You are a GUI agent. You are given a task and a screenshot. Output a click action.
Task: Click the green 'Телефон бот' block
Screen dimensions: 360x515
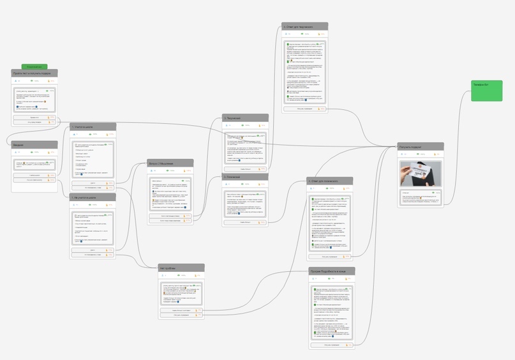click(487, 90)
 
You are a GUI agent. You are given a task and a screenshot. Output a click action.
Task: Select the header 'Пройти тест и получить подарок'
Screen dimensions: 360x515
click(34, 73)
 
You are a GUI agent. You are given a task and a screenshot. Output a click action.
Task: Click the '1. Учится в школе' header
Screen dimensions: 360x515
click(93, 127)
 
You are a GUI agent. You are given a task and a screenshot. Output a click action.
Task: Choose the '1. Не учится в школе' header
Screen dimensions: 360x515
click(93, 198)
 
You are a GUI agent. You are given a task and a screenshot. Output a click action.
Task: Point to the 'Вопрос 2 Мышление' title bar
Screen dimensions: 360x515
click(170, 163)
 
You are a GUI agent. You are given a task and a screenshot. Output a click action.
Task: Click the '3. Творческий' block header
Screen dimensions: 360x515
click(245, 118)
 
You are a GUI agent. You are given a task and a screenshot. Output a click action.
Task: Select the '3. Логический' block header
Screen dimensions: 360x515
click(245, 176)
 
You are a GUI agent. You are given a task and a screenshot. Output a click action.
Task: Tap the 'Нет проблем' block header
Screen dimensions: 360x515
click(181, 268)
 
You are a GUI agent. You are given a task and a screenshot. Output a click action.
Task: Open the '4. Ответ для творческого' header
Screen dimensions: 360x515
click(305, 27)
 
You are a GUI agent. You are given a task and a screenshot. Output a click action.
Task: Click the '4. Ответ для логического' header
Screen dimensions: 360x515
click(330, 181)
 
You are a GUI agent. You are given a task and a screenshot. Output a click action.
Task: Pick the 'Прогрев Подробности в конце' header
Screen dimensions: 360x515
click(332, 271)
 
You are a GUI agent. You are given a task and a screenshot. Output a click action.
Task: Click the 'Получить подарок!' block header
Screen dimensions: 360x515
click(421, 147)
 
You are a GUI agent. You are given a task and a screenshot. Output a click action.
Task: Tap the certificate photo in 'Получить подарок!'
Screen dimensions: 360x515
click(421, 173)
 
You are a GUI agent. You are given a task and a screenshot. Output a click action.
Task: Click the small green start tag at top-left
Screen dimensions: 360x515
click(34, 66)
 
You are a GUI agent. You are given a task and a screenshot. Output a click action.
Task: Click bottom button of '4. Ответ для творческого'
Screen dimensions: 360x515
click(305, 109)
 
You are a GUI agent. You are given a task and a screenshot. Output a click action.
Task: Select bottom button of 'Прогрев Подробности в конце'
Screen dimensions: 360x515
click(332, 345)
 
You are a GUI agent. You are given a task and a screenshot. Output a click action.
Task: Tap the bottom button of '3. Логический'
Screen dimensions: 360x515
click(245, 223)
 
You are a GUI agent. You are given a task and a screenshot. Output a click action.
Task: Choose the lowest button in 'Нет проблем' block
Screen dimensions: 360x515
click(181, 315)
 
